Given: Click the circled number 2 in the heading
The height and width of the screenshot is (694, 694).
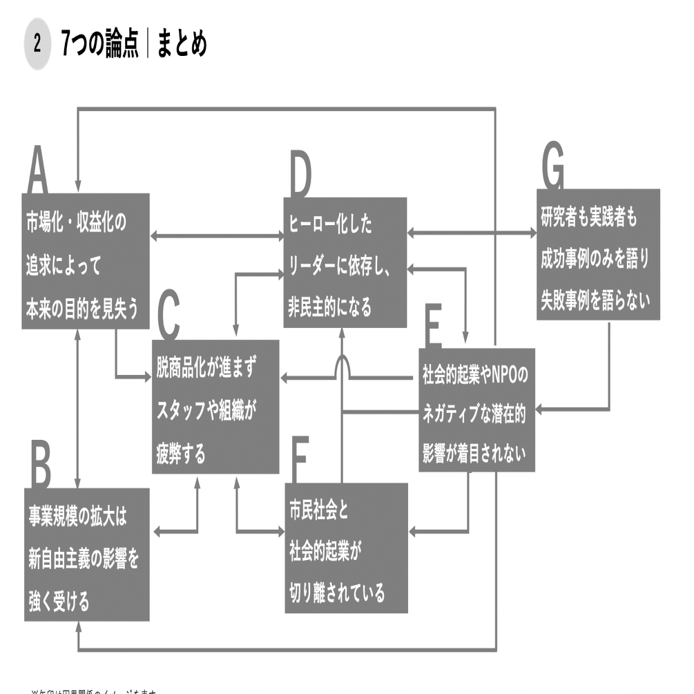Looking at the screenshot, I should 37,46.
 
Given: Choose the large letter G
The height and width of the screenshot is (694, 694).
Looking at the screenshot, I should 552,168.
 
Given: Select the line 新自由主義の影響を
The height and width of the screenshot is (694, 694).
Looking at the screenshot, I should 84,559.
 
